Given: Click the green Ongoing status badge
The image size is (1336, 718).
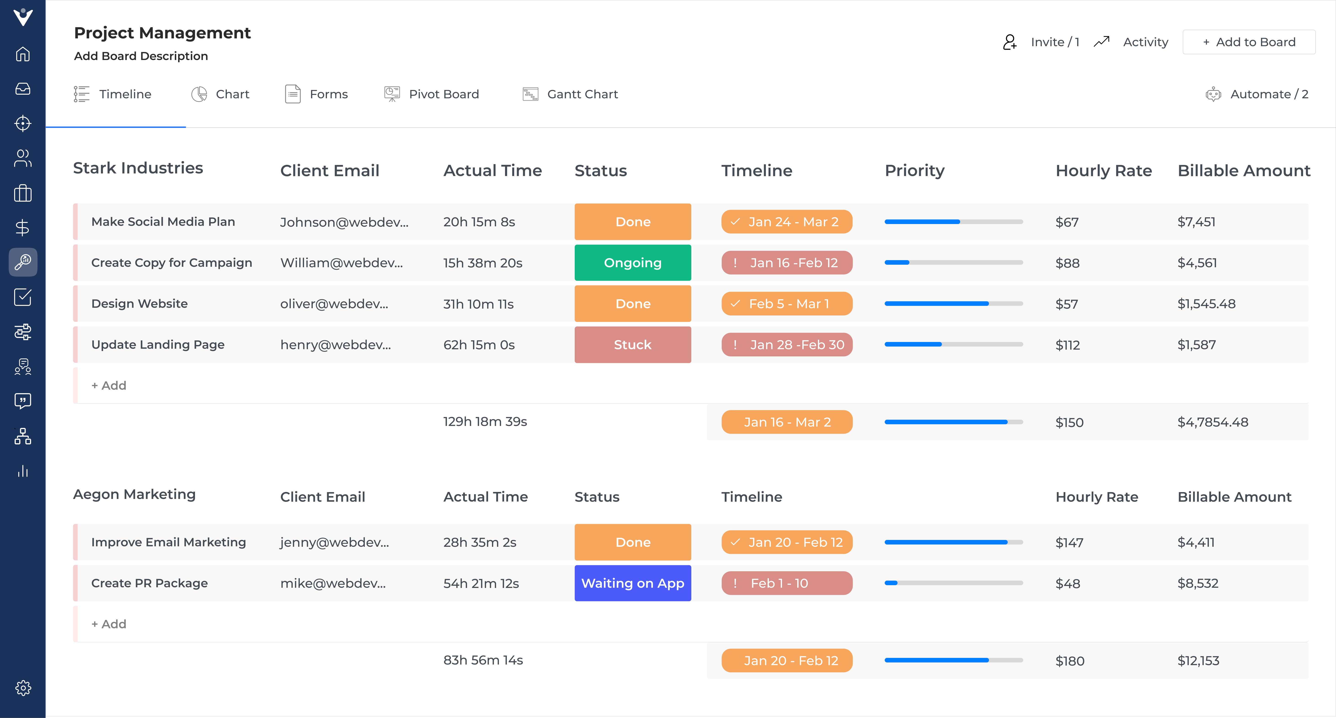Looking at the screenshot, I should pyautogui.click(x=632, y=263).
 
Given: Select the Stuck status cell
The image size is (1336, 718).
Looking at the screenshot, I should pyautogui.click(x=632, y=345).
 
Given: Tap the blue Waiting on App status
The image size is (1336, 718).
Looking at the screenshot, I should pyautogui.click(x=632, y=583).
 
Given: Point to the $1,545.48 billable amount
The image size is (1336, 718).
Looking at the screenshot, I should pyautogui.click(x=1206, y=304).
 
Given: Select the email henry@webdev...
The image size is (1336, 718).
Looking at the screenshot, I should pyautogui.click(x=336, y=345).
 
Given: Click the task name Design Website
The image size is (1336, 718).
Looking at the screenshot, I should pyautogui.click(x=139, y=304).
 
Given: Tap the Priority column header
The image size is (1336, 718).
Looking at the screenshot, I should pyautogui.click(x=914, y=171).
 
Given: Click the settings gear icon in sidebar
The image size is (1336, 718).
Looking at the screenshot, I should pyautogui.click(x=23, y=688).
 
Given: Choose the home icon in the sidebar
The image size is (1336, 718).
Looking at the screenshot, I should pyautogui.click(x=23, y=54).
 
